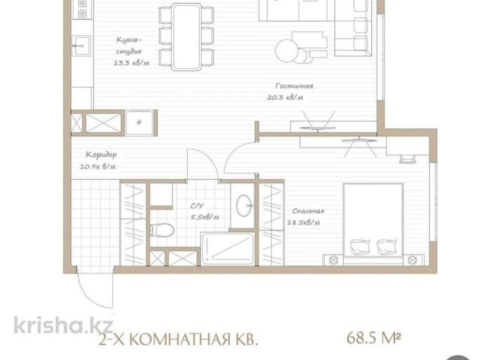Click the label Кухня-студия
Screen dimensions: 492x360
(129, 45)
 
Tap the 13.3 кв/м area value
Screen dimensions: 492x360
(131, 63)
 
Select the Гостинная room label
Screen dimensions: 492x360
(294, 86)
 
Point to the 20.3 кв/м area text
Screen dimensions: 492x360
(285, 97)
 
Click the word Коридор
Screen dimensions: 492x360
(101, 155)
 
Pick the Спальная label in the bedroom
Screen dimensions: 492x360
(308, 211)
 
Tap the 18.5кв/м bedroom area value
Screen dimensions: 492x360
(304, 222)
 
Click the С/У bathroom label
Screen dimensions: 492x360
(197, 206)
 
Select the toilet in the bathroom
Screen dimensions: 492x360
(162, 231)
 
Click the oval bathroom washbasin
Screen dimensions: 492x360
(244, 205)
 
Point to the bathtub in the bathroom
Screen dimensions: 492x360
(228, 249)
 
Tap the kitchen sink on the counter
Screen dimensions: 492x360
(82, 46)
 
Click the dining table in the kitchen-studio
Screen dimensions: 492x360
(186, 37)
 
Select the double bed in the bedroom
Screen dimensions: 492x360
(373, 220)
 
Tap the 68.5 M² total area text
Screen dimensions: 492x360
(374, 338)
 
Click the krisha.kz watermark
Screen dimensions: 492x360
(63, 325)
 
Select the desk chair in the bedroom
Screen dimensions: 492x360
(407, 159)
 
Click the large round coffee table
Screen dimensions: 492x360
(287, 50)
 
